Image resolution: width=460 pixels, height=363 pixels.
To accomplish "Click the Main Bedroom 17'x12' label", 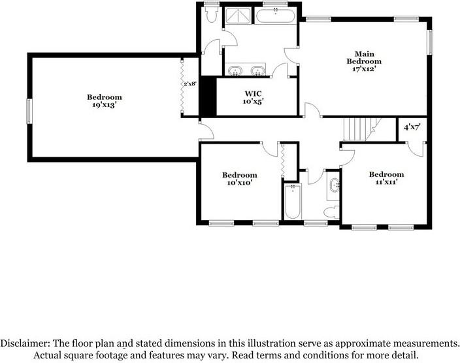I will tap(363, 60).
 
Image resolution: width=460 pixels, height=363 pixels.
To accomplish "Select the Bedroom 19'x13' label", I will tap(105, 101).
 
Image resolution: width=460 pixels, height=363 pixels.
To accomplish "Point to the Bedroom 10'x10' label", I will tap(240, 178).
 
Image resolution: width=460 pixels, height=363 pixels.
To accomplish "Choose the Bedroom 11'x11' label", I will tap(386, 178).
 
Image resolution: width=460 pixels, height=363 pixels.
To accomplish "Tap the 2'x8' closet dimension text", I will tap(191, 84).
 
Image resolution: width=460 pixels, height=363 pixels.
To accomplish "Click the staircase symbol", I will tap(359, 128).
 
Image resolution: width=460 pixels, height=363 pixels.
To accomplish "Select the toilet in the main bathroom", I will tap(211, 14).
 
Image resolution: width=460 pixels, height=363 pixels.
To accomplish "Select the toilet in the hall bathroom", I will tap(331, 212).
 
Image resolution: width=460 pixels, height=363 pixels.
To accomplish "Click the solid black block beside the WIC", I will tap(208, 97).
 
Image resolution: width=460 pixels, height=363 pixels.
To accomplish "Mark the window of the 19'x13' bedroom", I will tap(28, 110).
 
